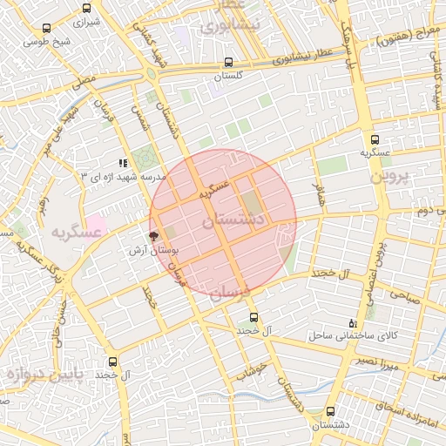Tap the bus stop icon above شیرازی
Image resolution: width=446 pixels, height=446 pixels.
[x=85, y=7]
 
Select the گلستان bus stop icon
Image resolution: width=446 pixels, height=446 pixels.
[x=228, y=63]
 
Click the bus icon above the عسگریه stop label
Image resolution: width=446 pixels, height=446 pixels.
[x=375, y=139]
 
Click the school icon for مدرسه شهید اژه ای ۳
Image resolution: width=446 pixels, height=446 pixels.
[x=124, y=162]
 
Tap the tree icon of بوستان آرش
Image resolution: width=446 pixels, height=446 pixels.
[x=154, y=236]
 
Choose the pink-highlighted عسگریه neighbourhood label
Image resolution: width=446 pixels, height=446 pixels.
[x=78, y=232]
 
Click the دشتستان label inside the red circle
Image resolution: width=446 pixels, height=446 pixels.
[x=233, y=221]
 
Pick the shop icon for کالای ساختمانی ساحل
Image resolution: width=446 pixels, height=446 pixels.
[x=353, y=321]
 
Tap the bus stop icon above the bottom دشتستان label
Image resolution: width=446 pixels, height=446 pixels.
[x=330, y=411]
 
